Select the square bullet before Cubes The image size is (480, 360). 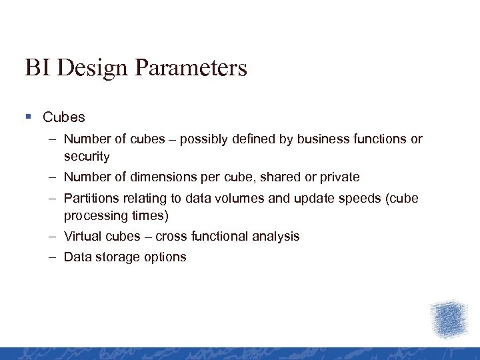(28, 117)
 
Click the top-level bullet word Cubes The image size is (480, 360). (64, 117)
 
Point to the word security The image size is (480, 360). (87, 157)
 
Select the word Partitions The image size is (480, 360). (89, 199)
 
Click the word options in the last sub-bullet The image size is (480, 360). (165, 257)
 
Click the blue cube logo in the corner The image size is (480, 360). (449, 319)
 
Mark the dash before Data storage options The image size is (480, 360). (52, 257)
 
